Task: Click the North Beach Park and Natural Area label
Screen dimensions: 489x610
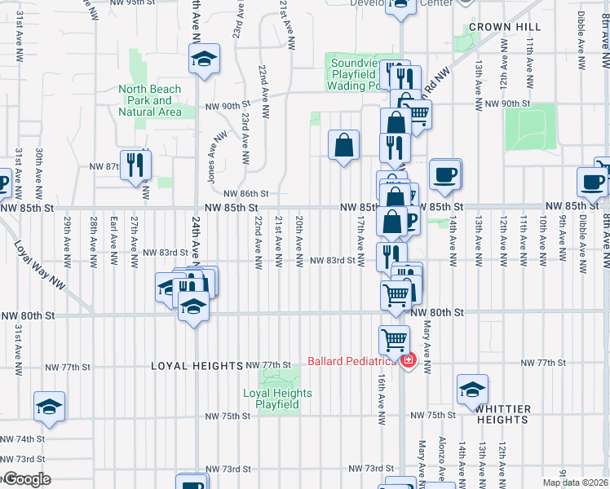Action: [149, 100]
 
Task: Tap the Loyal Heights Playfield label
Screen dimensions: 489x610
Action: [277, 399]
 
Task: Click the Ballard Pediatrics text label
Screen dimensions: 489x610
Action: [351, 361]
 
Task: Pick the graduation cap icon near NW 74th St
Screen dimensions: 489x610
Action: [49, 407]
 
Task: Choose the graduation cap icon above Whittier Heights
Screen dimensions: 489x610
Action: [472, 390]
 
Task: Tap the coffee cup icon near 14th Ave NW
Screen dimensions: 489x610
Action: [445, 174]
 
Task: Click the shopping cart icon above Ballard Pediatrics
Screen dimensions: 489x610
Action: [395, 338]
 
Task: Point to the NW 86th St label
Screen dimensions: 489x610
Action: [249, 193]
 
